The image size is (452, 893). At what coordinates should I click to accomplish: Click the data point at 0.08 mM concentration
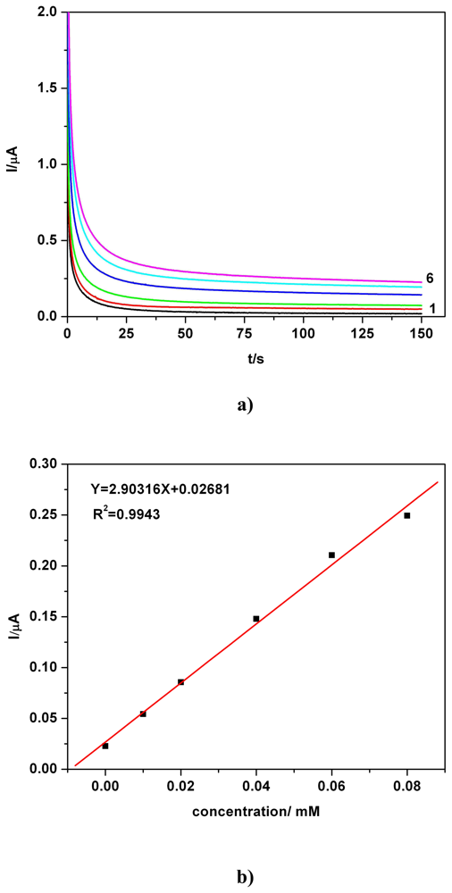(x=407, y=515)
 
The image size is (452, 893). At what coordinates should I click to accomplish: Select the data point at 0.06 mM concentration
(x=331, y=555)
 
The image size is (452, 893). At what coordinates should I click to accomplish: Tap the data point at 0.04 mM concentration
(x=256, y=618)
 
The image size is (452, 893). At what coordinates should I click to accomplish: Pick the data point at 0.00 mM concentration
(x=105, y=746)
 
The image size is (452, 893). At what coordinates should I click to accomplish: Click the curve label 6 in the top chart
(x=431, y=279)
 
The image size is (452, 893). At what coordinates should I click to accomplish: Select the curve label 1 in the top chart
(x=431, y=308)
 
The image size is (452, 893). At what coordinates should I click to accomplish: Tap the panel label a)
(x=245, y=405)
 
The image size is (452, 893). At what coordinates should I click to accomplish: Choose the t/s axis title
(x=244, y=359)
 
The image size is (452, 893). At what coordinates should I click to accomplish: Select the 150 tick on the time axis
(x=421, y=333)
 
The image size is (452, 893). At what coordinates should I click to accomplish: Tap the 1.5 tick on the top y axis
(x=47, y=88)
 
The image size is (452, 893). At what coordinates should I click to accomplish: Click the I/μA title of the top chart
(x=17, y=164)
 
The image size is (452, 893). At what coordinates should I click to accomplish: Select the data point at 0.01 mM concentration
(x=143, y=714)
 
